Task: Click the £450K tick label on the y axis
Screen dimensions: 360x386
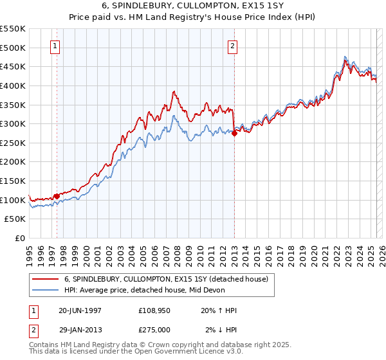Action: click(13, 66)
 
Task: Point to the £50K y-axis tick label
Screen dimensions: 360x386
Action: click(15, 219)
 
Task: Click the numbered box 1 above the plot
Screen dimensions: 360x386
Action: click(56, 46)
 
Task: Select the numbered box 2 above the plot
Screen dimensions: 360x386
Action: click(232, 46)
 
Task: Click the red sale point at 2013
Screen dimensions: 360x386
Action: click(234, 133)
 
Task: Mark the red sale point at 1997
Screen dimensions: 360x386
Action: click(57, 196)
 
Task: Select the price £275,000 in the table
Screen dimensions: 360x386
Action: click(156, 330)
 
